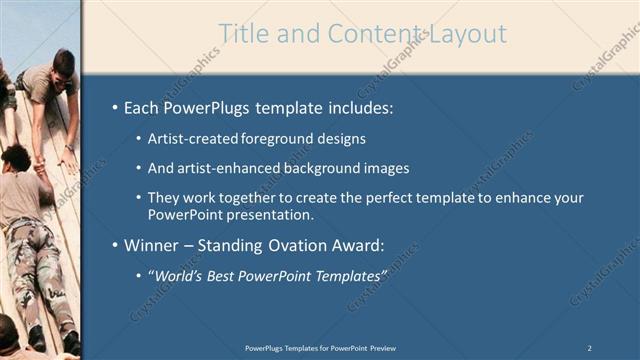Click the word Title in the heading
(x=244, y=34)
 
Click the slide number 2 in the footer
(x=590, y=347)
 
